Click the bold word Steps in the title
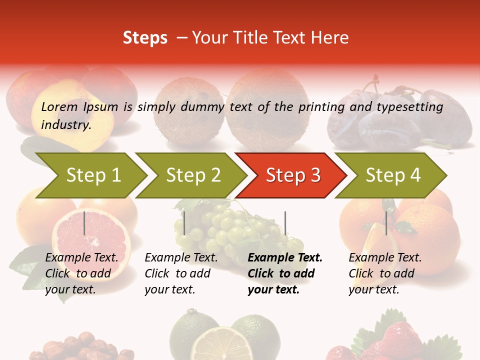coord(145,38)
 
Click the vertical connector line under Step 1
coord(84,223)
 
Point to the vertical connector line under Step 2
coord(184,223)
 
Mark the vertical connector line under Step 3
coord(285,223)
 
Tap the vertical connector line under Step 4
coord(386,223)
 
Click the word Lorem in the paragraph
coord(59,106)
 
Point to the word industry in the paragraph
coord(66,124)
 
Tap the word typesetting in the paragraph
coord(409,107)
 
